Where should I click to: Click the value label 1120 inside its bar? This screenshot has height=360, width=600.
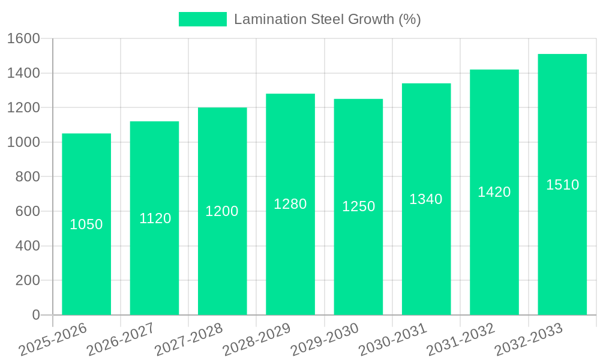155,218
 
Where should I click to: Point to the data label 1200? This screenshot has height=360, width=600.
222,211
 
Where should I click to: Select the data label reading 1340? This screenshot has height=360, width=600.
426,199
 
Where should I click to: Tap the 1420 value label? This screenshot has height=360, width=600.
494,192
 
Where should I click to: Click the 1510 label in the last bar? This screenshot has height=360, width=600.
562,185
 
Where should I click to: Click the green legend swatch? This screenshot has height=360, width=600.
203,19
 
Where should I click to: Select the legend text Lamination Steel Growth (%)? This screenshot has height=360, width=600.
328,19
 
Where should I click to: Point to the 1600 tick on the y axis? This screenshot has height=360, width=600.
23,39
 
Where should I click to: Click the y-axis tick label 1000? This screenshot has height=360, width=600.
23,142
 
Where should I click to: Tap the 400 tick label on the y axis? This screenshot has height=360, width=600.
28,246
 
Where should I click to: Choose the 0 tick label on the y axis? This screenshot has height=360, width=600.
35,315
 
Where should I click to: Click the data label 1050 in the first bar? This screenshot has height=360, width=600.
86,224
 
